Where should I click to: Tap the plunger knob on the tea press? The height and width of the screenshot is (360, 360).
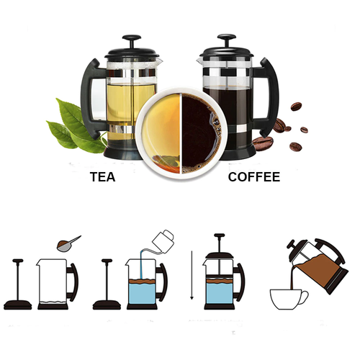[x=131, y=40]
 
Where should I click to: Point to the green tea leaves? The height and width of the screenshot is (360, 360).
[x=76, y=126]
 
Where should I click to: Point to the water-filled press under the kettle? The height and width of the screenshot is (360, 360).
[x=144, y=284]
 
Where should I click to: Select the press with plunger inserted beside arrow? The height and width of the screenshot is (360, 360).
[x=220, y=281]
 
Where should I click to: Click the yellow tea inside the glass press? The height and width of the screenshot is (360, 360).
[x=130, y=101]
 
